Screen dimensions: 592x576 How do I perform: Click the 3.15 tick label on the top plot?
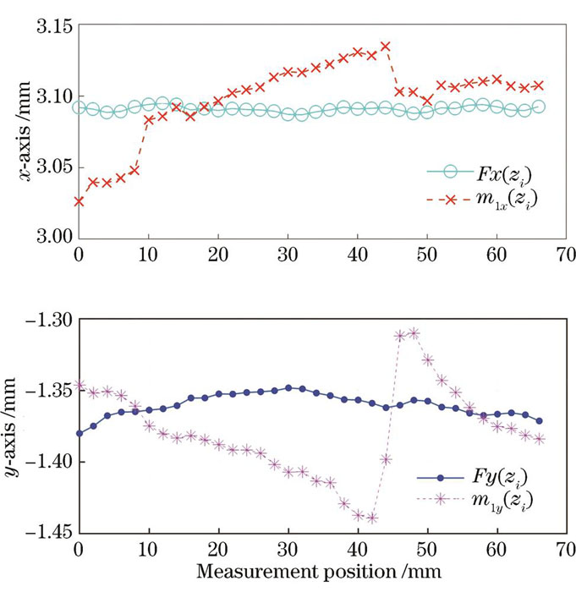52,27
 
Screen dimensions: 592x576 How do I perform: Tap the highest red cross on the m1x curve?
386,46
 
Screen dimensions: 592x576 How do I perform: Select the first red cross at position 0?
79,201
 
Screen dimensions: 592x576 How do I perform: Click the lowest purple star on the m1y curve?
371,518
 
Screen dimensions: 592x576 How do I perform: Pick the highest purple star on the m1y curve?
414,332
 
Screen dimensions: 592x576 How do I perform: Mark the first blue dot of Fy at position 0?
79,433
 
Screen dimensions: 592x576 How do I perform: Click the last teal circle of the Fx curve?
539,107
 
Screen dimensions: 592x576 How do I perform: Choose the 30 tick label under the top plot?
288,252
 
